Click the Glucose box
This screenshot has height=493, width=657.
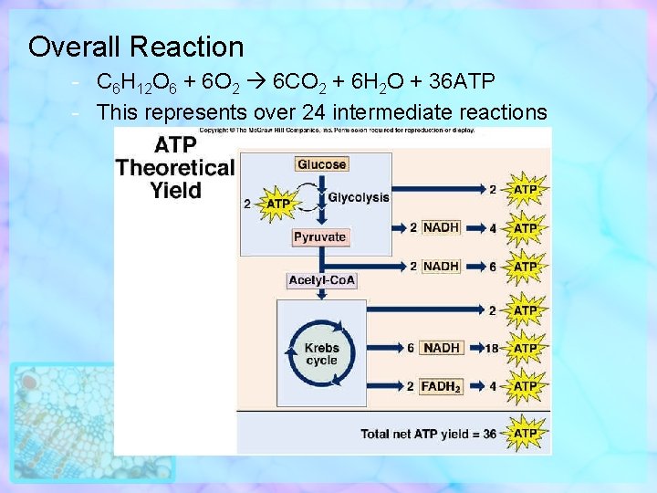(321, 164)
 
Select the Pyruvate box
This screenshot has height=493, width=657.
(320, 236)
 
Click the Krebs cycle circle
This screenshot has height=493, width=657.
(321, 353)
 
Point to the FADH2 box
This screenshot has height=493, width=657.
(442, 386)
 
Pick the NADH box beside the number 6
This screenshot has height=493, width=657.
(442, 348)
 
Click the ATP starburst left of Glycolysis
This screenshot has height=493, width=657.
(277, 204)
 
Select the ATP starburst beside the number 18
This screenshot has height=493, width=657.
(526, 348)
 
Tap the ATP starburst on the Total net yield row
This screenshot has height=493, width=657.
(526, 434)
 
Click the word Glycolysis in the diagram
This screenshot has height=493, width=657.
(359, 197)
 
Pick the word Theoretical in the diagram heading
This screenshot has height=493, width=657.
(174, 167)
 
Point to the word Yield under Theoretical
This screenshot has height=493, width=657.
(174, 190)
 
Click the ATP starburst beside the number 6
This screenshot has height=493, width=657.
(526, 266)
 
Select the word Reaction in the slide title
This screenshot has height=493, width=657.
(187, 47)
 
